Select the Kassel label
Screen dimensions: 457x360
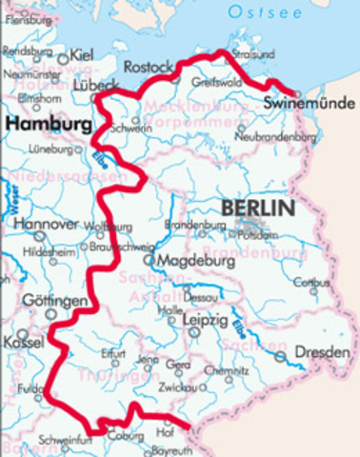tap(22, 340)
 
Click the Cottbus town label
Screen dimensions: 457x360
tap(312, 283)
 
